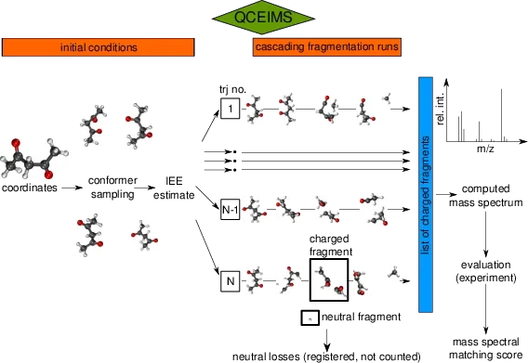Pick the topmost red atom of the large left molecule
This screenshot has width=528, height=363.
click(x=15, y=145)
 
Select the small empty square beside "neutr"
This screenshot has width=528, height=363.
click(x=309, y=318)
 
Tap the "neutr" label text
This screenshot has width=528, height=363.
click(x=335, y=318)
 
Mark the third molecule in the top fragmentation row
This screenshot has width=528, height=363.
click(x=328, y=107)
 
